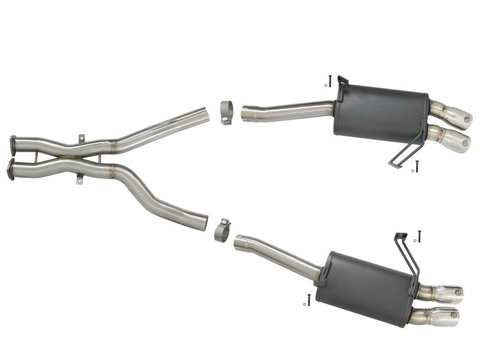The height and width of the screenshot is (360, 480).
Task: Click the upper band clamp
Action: point(226,112)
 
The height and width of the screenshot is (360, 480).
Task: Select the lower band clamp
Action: point(222,230)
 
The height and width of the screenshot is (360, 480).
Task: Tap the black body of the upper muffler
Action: point(381,115)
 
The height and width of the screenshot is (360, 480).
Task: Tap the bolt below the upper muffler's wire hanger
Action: point(416,166)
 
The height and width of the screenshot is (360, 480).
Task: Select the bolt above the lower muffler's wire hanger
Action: point(419,236)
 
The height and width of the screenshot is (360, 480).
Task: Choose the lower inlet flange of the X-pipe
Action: point(10,169)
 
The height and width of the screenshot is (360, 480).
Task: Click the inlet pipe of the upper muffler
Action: point(288,112)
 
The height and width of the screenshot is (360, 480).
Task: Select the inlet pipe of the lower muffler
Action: point(276,253)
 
